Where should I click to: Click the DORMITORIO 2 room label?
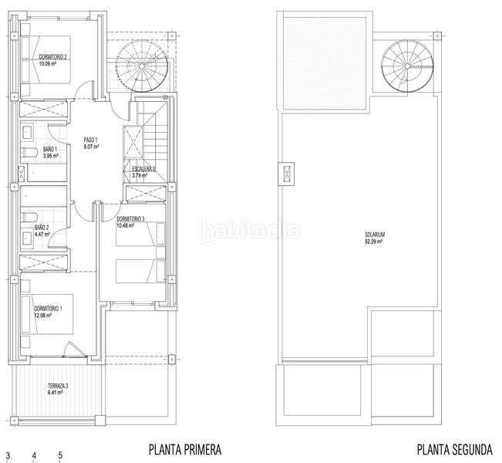coord(53,57)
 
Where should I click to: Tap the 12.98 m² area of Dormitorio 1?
coord(43,316)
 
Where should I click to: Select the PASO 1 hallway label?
coord(90,140)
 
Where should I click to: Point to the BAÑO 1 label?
coord(50,149)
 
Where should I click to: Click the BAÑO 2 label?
coord(42,228)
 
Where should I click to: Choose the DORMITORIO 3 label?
coord(130,219)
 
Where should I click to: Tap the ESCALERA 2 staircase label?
coord(143,169)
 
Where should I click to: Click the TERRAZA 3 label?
coord(58,386)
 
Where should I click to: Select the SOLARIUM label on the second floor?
coord(375,235)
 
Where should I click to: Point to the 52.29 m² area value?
coord(374,242)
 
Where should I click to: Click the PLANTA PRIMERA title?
coord(185,450)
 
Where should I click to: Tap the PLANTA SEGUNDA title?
coord(455,450)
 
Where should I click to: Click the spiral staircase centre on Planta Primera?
coord(142,66)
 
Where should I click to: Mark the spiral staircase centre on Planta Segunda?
coord(407,66)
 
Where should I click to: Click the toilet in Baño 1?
coord(29,153)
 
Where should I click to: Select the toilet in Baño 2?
coord(29,218)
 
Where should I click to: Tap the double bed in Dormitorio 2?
coord(45,59)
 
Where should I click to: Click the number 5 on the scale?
coord(60,455)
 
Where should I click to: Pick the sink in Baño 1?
coord(28,133)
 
